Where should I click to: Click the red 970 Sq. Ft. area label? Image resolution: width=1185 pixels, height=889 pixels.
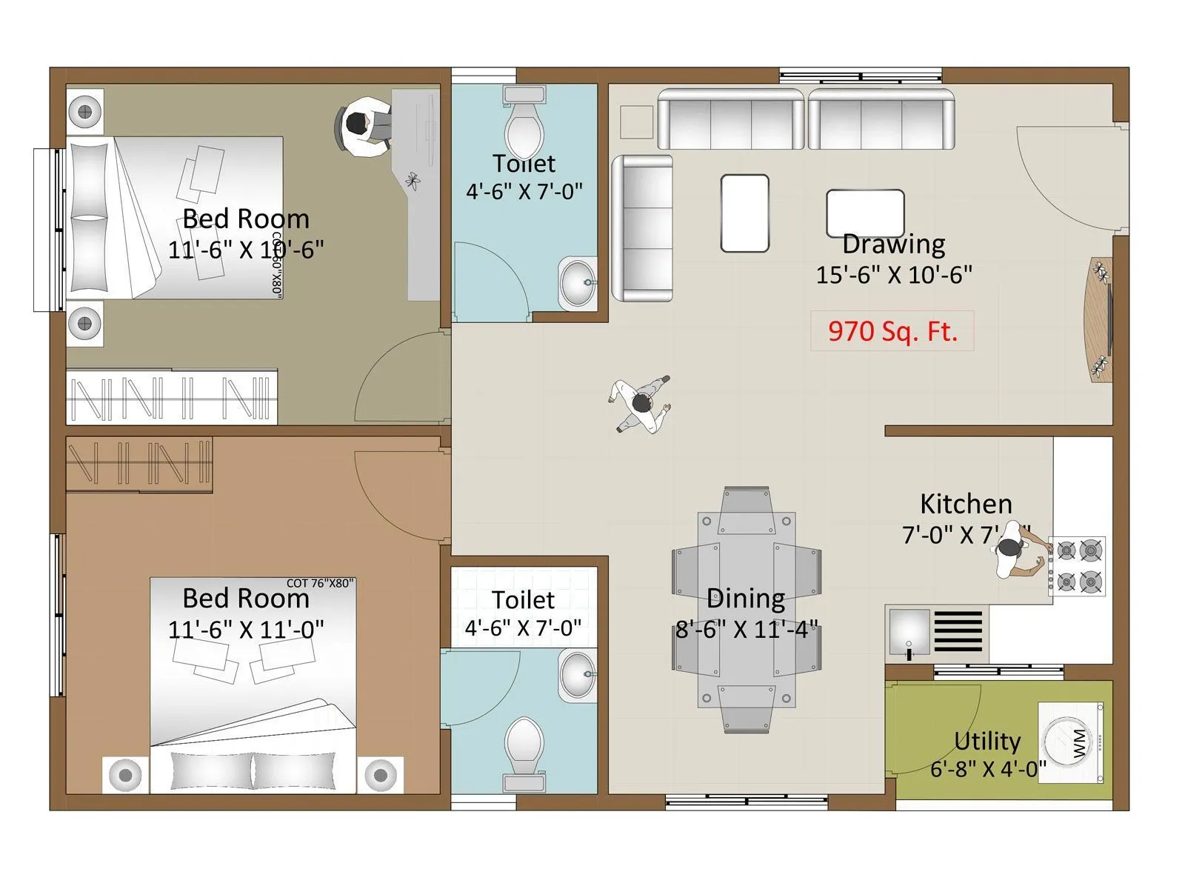[x=892, y=330]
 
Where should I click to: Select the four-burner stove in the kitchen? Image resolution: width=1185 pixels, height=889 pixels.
[x=1078, y=567]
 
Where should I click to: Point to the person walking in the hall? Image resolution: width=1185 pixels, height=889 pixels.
[x=641, y=404]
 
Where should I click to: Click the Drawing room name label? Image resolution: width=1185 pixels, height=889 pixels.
[x=893, y=244]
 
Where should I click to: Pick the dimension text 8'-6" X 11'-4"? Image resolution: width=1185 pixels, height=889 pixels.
[x=747, y=630]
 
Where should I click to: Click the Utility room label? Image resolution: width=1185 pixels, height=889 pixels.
[x=987, y=741]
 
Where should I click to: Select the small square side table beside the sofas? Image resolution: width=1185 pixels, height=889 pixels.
[x=636, y=121]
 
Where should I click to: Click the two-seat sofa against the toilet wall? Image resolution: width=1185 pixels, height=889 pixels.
[x=642, y=228]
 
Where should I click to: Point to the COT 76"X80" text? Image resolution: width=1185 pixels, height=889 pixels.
[x=320, y=583]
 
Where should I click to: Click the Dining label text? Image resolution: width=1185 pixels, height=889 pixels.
[x=746, y=599]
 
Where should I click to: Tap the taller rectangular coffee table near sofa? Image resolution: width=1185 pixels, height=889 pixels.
[x=744, y=213]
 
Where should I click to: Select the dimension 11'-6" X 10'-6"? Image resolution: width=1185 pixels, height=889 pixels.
[x=246, y=250]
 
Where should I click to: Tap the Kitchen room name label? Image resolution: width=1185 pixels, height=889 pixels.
[x=966, y=504]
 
